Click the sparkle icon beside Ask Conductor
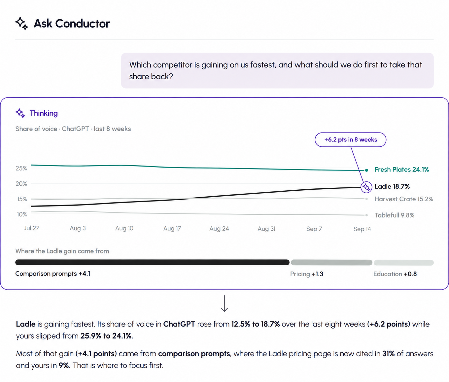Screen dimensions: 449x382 [21, 23]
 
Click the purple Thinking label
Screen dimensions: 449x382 [44, 113]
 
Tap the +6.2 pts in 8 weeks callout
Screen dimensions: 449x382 [350, 139]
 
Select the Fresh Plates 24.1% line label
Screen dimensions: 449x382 [402, 170]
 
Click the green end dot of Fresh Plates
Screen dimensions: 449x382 [366, 170]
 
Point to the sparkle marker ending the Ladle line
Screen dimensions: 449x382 [366, 187]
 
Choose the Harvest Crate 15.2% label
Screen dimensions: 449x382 [403, 199]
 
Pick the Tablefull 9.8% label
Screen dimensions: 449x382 [394, 215]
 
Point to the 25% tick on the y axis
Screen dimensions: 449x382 [21, 168]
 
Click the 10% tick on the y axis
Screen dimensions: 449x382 [22, 214]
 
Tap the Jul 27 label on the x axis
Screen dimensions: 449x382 [31, 228]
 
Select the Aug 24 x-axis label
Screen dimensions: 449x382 [219, 228]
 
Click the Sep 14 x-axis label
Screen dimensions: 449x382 [362, 229]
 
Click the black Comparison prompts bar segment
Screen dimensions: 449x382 [152, 262]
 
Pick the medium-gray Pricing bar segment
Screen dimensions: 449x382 [331, 262]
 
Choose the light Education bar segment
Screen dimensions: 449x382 [403, 263]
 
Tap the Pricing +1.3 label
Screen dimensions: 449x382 [306, 274]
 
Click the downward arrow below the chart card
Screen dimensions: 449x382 [224, 303]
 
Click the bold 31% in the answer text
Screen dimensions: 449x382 [388, 354]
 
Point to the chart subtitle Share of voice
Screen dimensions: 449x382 [36, 129]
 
